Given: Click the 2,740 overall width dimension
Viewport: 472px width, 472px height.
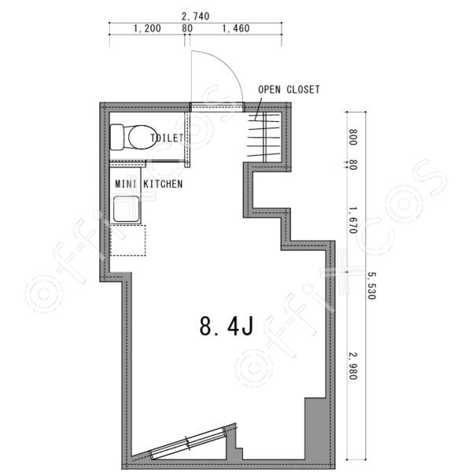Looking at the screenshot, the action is click(195, 17).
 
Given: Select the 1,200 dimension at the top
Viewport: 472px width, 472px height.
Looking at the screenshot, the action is click(147, 28).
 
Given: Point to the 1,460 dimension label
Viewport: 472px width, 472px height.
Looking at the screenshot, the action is click(236, 28).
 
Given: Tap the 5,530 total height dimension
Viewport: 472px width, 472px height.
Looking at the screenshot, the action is click(371, 286).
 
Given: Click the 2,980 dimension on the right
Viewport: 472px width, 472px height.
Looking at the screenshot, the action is click(352, 366).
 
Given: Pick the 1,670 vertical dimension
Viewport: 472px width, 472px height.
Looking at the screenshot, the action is click(352, 220).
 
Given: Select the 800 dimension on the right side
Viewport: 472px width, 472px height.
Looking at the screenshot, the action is click(352, 137).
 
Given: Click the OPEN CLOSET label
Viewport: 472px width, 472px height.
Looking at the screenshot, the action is click(289, 90).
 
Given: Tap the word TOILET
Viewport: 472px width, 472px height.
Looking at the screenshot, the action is click(167, 138).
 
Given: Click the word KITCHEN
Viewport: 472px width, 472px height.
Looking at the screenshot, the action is click(163, 184).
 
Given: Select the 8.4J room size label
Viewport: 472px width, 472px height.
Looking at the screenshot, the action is click(227, 326).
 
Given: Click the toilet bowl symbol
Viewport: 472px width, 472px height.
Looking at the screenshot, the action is click(142, 137).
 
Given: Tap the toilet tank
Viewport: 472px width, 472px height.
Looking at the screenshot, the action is click(117, 137).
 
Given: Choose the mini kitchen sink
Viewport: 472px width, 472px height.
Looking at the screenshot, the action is click(127, 209).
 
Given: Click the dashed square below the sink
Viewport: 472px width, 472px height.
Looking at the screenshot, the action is click(128, 240).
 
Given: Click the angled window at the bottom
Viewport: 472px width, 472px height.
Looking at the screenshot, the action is click(188, 442).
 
